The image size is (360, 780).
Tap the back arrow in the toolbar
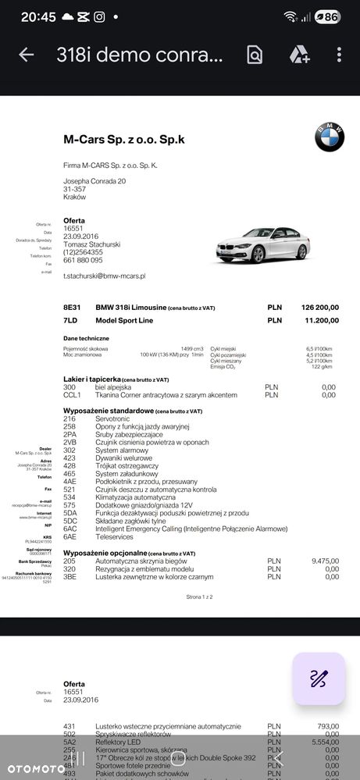[x=27, y=55]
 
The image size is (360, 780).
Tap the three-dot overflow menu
[x=339, y=55]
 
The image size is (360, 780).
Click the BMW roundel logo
[x=329, y=137]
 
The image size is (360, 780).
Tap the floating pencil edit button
[x=318, y=678]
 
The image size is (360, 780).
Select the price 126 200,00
[x=320, y=308]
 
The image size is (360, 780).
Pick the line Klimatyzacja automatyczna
[x=134, y=497]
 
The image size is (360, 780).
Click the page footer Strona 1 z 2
[x=199, y=597]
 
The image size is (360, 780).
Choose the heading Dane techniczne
[x=87, y=338]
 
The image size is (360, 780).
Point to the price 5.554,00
[x=325, y=743]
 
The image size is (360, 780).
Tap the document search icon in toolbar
[x=254, y=55]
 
